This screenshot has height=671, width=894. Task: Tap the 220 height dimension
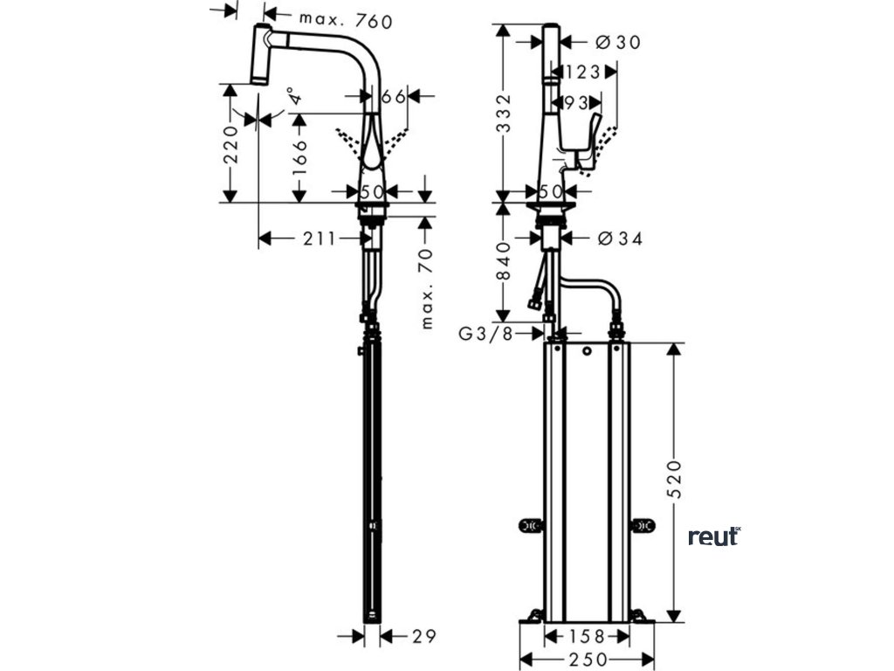[230, 143]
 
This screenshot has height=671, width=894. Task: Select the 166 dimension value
[299, 157]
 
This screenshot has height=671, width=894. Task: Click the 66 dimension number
[394, 96]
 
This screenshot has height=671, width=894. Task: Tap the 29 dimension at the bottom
[423, 635]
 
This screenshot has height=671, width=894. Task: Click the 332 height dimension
[504, 114]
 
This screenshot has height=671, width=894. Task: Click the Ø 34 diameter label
[618, 237]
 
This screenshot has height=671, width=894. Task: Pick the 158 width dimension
[586, 636]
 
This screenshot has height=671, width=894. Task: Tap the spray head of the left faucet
[260, 55]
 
